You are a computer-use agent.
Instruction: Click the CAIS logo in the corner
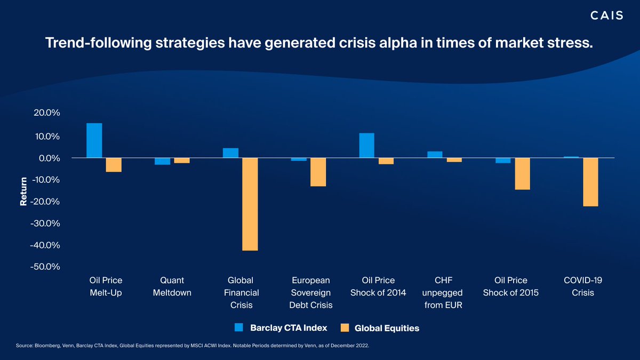pos(606,16)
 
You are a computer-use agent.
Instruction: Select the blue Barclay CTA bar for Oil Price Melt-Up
pos(94,141)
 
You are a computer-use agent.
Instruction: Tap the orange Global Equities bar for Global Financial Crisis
pos(250,204)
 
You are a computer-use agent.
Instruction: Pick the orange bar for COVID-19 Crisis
pos(590,182)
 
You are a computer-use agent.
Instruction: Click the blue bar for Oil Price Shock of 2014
pos(366,146)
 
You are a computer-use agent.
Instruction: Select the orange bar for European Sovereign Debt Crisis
pos(318,172)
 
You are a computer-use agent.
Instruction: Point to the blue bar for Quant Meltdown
pos(163,162)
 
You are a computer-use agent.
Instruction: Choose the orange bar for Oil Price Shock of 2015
pos(523,174)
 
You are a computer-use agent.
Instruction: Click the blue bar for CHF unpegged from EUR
pos(435,155)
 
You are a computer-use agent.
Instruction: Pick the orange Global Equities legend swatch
pos(345,327)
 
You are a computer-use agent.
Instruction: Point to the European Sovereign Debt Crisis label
pos(311,292)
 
